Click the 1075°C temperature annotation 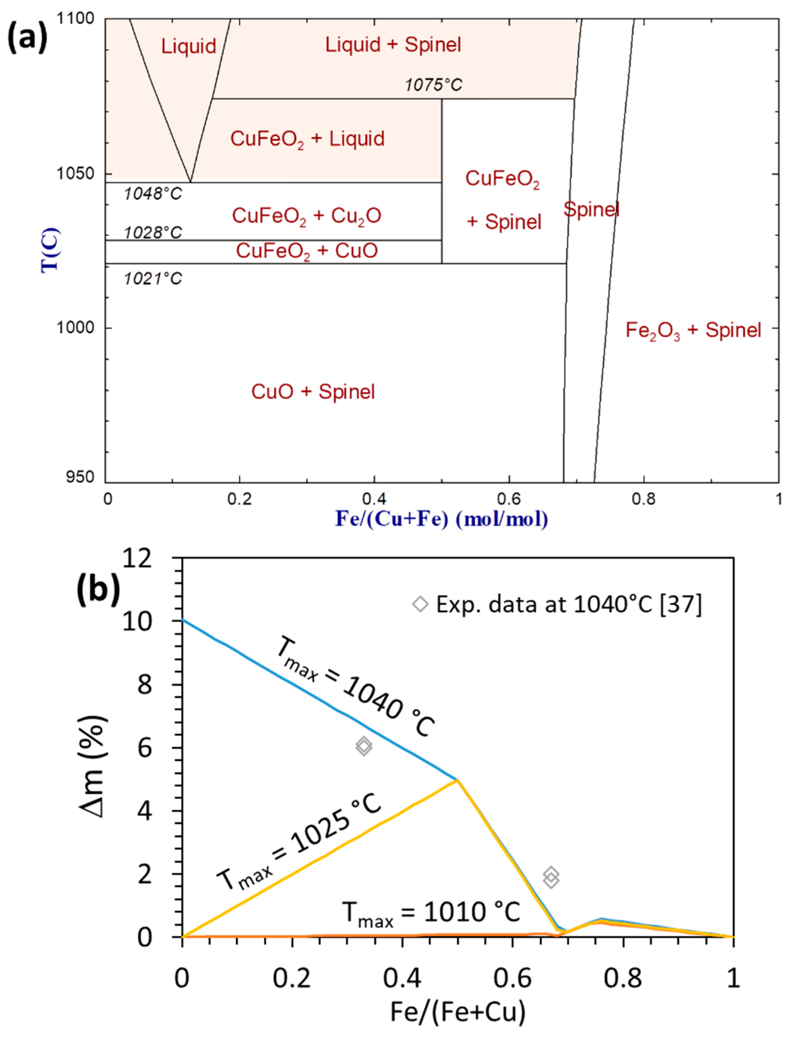coord(433,85)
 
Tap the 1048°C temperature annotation coord(153,194)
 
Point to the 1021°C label coord(153,279)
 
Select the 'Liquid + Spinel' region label coord(393,45)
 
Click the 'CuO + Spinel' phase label coord(313,392)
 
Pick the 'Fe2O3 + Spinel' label coord(693,331)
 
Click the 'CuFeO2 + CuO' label coord(307,251)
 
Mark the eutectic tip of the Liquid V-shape coord(190,182)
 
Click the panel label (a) coord(27,38)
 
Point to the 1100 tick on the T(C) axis coord(75,19)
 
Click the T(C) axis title coord(50,250)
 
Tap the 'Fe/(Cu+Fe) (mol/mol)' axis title coord(441,519)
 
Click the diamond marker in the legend coord(420,604)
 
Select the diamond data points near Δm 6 coord(363,746)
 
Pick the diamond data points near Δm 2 coord(551,877)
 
